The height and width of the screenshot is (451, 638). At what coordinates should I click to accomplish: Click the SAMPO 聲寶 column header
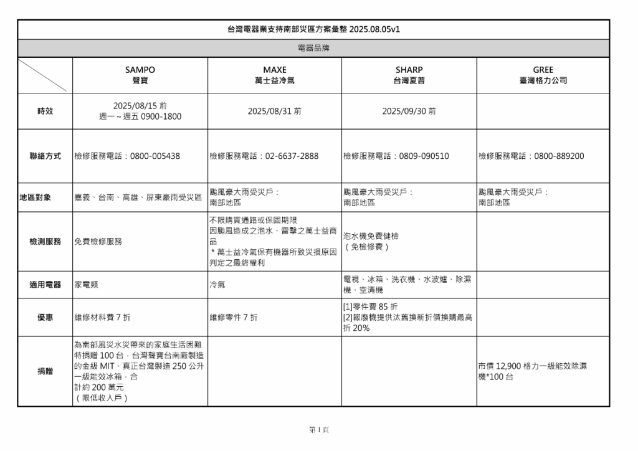[140, 75]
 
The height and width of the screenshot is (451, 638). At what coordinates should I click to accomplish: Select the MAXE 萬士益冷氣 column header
[275, 75]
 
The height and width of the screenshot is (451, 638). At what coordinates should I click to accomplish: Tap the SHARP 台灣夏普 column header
[409, 75]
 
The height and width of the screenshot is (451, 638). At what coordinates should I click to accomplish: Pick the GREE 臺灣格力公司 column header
[543, 75]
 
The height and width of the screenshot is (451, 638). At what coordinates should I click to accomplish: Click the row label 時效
[45, 111]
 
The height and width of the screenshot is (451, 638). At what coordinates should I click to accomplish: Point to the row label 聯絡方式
[45, 156]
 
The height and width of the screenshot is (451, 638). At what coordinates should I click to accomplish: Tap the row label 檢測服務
[45, 241]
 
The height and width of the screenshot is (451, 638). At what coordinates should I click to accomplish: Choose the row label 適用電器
[45, 285]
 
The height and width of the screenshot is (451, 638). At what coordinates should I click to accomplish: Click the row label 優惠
[45, 317]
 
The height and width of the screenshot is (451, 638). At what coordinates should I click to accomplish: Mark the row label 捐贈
[45, 371]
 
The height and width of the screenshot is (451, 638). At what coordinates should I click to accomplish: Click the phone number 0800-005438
[155, 156]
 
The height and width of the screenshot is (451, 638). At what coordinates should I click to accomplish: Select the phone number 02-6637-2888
[292, 156]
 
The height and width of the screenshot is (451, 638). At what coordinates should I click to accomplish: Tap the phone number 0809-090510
[424, 156]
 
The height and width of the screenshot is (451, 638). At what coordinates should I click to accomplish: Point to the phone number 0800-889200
[559, 156]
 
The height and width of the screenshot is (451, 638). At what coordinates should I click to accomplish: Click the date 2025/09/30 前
[409, 111]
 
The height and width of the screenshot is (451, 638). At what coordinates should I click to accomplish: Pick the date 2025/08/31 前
[275, 111]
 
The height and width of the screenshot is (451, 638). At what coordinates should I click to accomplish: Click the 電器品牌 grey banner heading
[313, 48]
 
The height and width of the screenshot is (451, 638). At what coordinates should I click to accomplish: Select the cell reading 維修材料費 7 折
[103, 317]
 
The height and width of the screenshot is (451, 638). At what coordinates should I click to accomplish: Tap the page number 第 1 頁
[319, 430]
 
